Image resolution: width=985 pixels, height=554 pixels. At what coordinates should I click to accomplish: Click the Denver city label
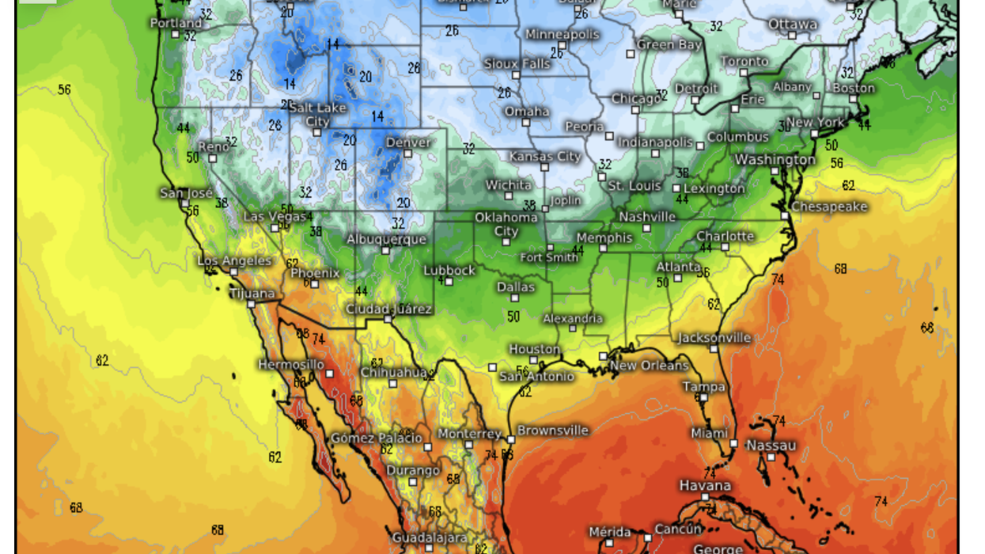[408, 142]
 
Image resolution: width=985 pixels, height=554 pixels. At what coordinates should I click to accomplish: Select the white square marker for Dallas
[516, 298]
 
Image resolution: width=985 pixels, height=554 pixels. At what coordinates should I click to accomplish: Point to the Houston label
[534, 349]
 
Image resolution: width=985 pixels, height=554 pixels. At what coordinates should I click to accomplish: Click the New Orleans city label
[649, 365]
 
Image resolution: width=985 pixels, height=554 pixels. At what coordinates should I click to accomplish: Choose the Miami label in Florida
[709, 433]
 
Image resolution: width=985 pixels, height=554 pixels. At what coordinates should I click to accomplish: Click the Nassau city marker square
[771, 457]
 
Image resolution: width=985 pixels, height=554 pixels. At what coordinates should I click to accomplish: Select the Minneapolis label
[562, 35]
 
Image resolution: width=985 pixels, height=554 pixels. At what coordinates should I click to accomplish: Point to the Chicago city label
[635, 99]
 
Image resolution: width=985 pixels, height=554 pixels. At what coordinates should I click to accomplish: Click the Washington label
[775, 160]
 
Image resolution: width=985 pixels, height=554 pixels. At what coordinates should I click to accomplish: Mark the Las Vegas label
[274, 216]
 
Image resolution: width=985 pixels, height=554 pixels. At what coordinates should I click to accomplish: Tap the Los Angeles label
[234, 260]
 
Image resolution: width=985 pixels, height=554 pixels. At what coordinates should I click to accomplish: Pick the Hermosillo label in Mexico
[290, 365]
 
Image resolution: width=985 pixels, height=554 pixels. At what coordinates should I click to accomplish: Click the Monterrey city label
[469, 434]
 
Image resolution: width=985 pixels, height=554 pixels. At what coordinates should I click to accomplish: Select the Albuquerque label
[386, 239]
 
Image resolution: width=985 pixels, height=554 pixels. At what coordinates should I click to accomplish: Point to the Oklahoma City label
[506, 224]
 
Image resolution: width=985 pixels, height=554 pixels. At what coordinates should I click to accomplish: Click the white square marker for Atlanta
[678, 279]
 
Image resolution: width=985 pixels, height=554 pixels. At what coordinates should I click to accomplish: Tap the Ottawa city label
[792, 25]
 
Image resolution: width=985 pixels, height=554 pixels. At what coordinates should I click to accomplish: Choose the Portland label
[176, 23]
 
